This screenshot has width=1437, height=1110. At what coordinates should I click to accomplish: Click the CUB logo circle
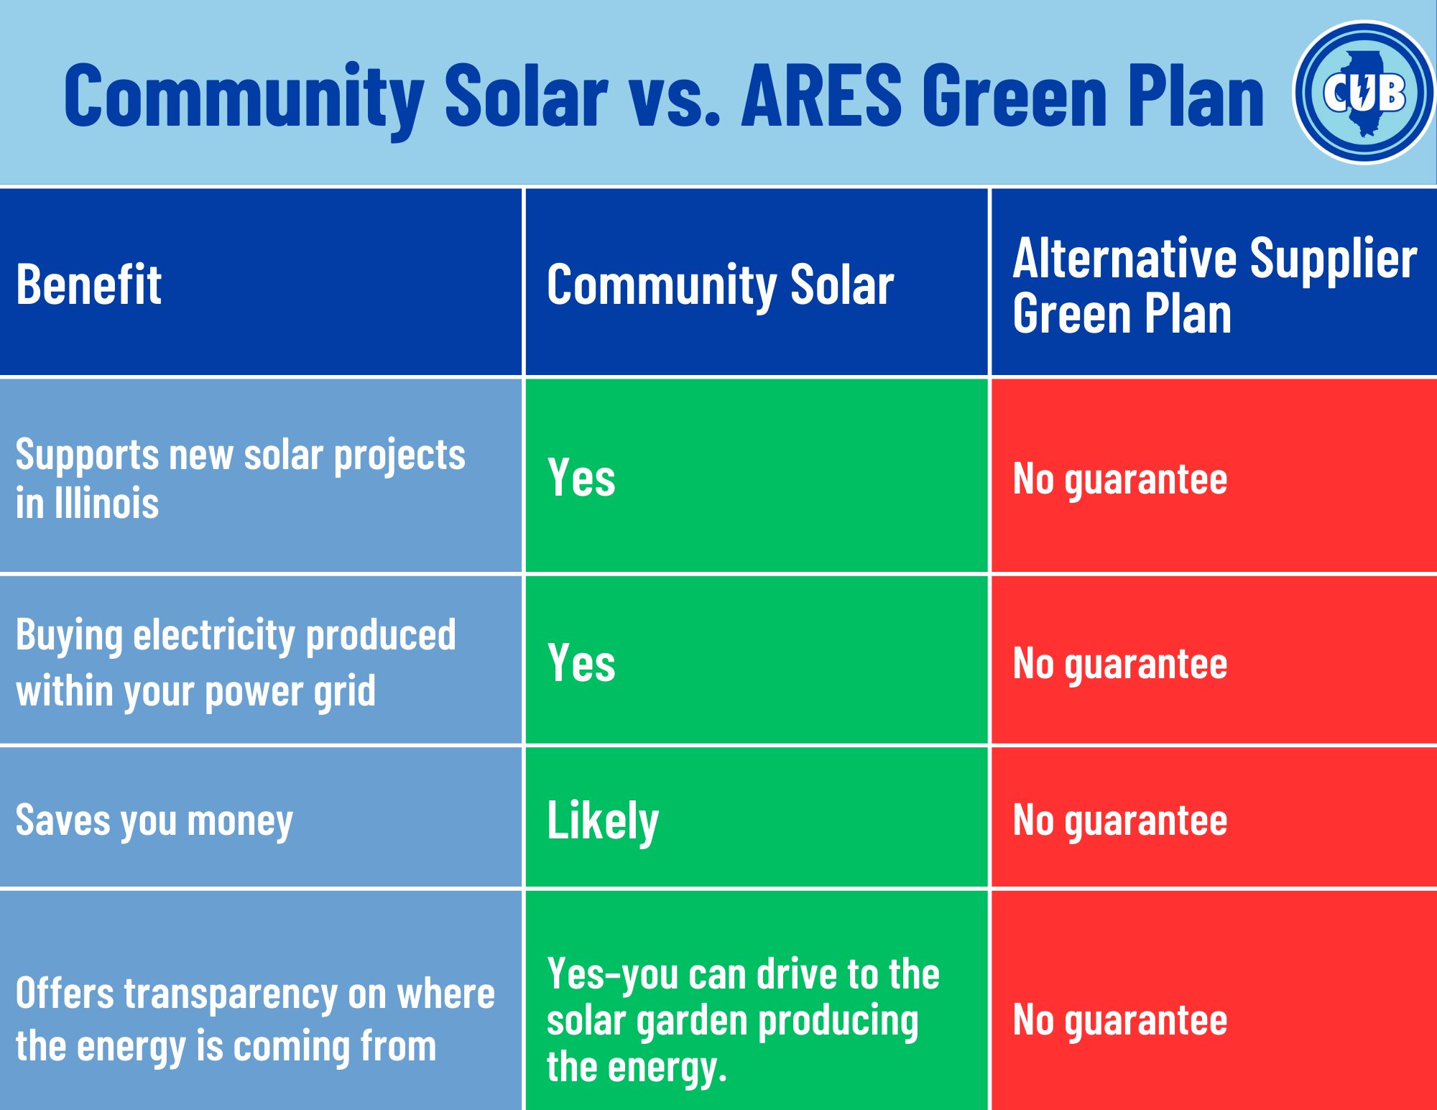[x=1363, y=93]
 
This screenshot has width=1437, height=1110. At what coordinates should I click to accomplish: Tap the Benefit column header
[x=88, y=285]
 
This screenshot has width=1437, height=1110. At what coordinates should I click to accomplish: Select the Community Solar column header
[x=720, y=285]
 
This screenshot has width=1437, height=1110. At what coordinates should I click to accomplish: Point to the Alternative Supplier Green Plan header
[x=1214, y=286]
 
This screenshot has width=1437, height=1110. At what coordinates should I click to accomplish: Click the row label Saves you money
[x=154, y=820]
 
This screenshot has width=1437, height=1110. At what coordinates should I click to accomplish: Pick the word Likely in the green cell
[x=602, y=820]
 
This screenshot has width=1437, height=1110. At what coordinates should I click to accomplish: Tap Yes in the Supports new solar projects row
[x=581, y=478]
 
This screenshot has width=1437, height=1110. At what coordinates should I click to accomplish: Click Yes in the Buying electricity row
[x=581, y=662]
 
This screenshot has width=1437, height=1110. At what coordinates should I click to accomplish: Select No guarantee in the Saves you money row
[x=1119, y=820]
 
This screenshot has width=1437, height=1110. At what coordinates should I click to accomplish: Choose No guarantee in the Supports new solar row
[x=1119, y=479]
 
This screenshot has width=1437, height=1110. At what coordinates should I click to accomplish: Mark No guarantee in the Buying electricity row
[x=1119, y=664]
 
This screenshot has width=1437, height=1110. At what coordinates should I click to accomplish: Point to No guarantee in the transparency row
[x=1119, y=1020]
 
